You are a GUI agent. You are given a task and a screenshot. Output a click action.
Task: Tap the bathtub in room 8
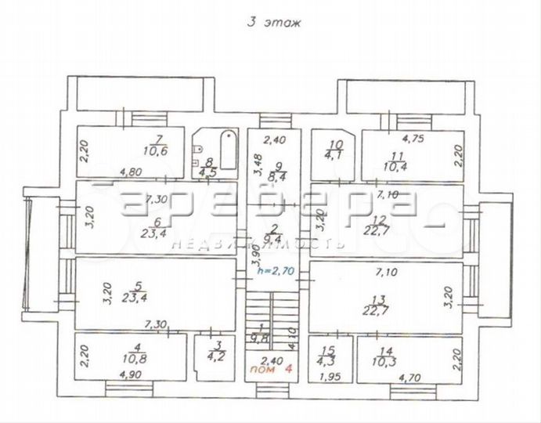pos(228,148)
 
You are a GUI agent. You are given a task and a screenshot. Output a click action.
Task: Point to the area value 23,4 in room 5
pos(136,297)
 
